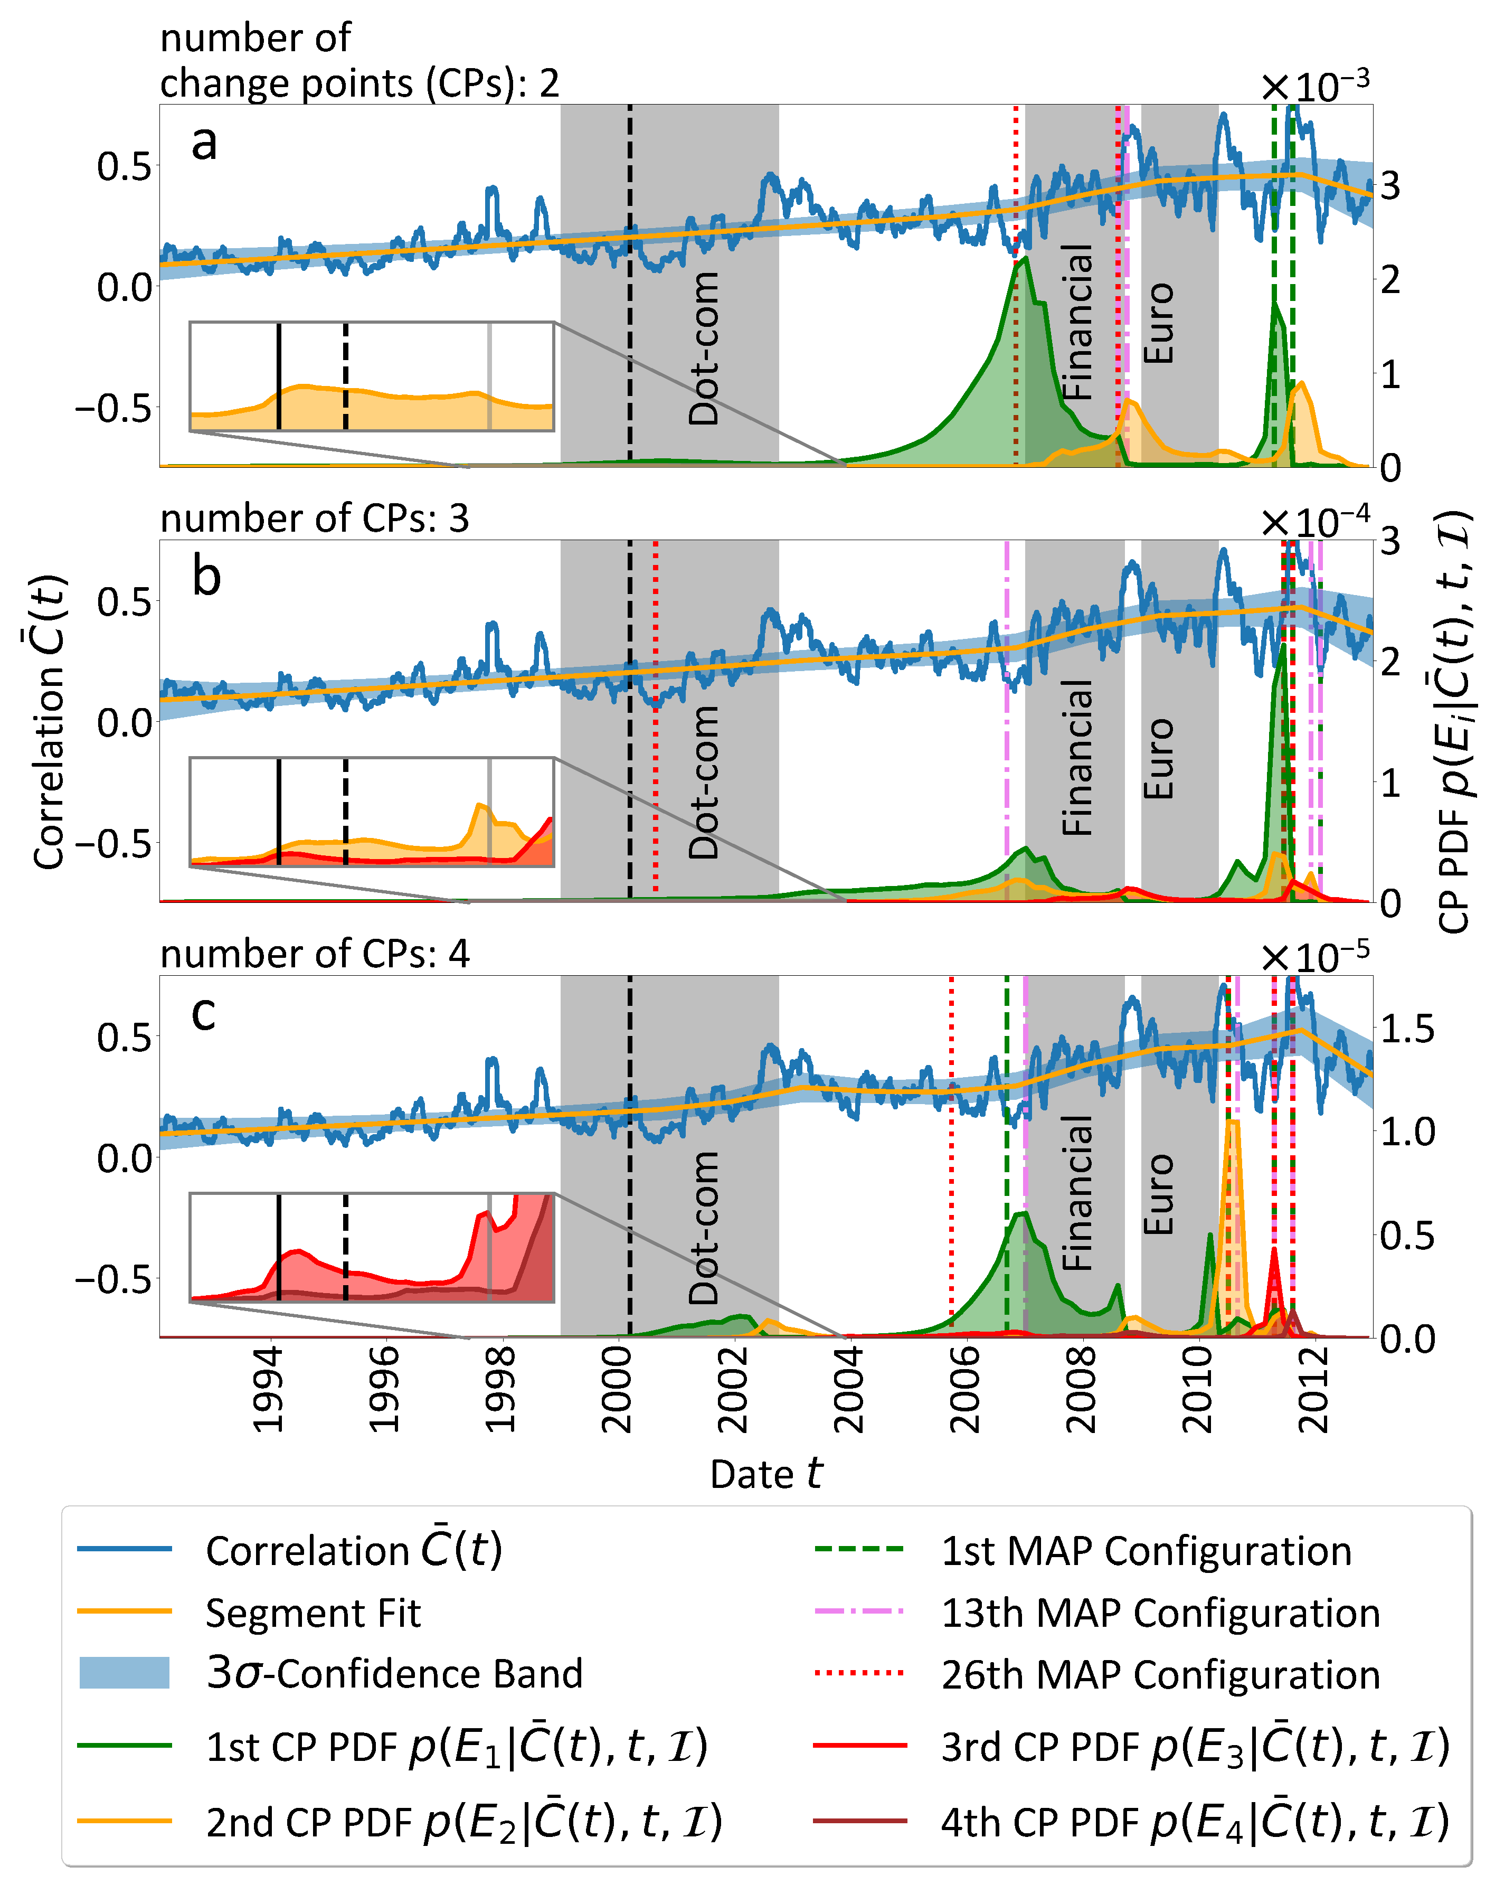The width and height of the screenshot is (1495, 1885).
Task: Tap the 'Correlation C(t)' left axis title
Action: point(50,721)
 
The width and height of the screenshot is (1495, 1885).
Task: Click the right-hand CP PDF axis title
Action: point(1454,721)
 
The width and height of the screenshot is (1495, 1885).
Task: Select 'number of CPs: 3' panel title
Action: point(315,519)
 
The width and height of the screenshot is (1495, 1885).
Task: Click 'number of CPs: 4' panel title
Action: point(315,953)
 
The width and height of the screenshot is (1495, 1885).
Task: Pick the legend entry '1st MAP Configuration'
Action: point(1146,1575)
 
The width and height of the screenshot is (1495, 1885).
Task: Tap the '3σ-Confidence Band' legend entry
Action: point(393,1673)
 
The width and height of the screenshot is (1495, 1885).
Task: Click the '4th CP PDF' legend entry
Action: point(1194,1821)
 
